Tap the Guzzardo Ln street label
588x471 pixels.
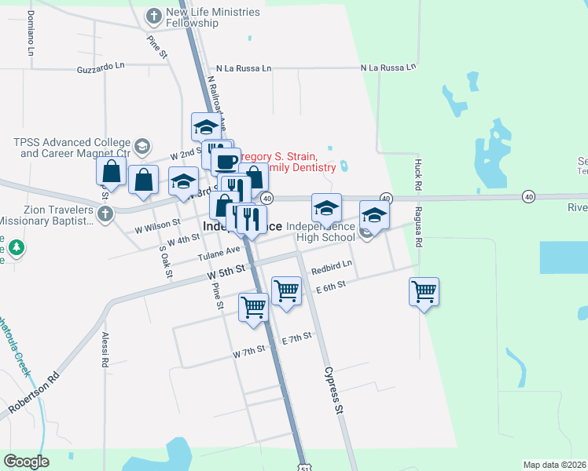(101, 69)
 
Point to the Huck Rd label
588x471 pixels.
(417, 173)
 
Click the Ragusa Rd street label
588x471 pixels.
(417, 231)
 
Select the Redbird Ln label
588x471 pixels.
(331, 268)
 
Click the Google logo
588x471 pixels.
(27, 461)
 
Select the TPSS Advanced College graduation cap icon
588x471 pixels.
(142, 145)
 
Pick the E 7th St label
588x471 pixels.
(296, 338)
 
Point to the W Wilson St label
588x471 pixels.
(157, 226)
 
